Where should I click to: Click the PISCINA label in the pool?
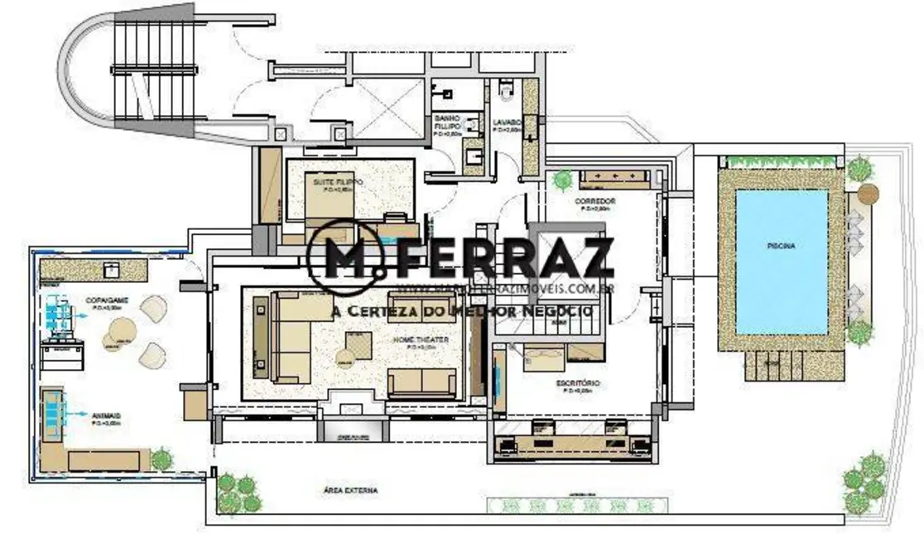click(781, 245)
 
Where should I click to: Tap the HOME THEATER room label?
click(421, 340)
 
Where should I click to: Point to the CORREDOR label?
click(594, 201)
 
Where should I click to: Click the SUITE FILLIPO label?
click(333, 181)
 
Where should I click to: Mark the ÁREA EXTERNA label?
click(351, 490)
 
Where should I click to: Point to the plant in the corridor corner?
click(564, 179)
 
